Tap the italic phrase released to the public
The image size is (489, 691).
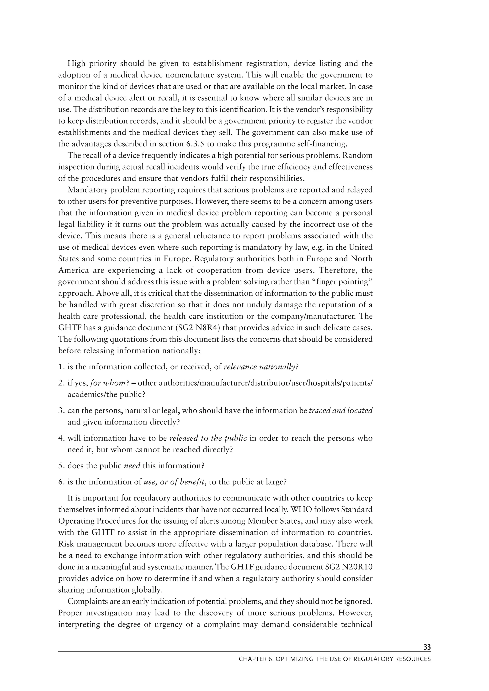click(x=208, y=438)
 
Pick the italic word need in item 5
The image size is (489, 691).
click(x=132, y=466)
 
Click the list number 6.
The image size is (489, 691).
click(x=61, y=482)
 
